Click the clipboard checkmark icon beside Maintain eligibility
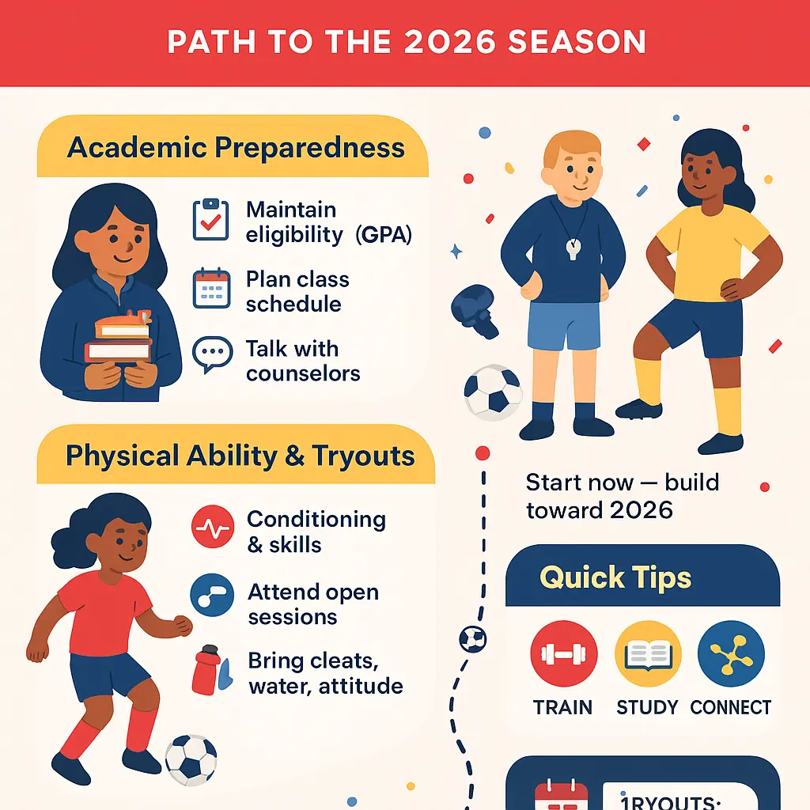coord(211,221)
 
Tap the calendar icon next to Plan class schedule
coord(211,289)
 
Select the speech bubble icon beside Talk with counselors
coord(212,355)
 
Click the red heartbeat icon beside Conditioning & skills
coord(212,528)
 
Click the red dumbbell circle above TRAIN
coord(564,654)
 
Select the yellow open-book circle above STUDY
coord(648,654)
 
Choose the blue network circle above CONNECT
coord(731,654)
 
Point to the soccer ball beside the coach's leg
coord(492,391)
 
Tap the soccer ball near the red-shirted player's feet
coord(191,757)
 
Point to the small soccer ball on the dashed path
coord(473,638)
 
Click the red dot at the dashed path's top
coord(482,453)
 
